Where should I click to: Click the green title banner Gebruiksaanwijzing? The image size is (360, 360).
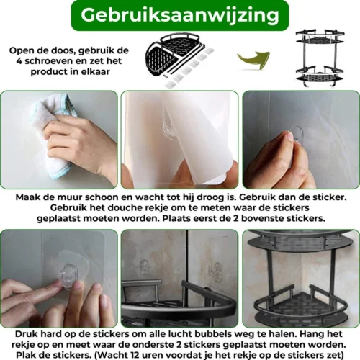(x=180, y=15)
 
